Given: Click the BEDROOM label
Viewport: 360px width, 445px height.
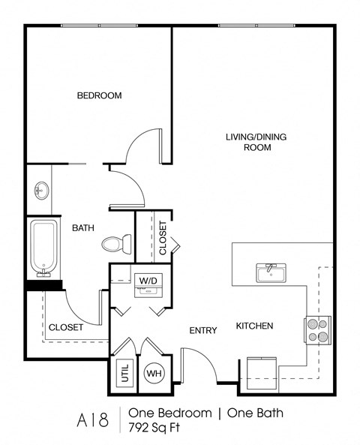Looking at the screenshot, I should pyautogui.click(x=100, y=95).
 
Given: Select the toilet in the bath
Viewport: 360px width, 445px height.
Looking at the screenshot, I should pyautogui.click(x=117, y=244).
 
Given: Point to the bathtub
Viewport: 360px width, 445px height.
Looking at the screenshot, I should pyautogui.click(x=44, y=247).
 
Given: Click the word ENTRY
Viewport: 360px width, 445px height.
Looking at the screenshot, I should pyautogui.click(x=203, y=330).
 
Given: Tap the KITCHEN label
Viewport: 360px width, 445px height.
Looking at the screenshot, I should pyautogui.click(x=254, y=326).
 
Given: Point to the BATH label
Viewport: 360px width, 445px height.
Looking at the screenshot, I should pyautogui.click(x=82, y=227).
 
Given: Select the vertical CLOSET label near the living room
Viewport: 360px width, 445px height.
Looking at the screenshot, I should pyautogui.click(x=163, y=237).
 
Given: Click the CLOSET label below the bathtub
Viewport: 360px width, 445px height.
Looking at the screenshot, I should pyautogui.click(x=66, y=327).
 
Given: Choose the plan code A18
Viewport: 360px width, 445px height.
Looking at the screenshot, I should pyautogui.click(x=88, y=419).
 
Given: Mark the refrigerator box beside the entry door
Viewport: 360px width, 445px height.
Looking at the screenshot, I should pyautogui.click(x=259, y=374).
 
